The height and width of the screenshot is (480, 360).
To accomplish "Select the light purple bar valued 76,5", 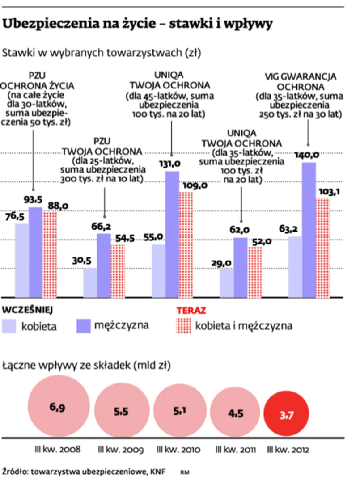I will tap(22, 260).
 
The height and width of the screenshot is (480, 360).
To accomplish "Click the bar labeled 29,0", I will tap(227, 282).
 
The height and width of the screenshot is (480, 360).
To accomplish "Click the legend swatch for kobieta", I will tap(9, 326).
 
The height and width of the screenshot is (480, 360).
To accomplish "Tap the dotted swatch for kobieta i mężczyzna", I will tap(184, 326).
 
